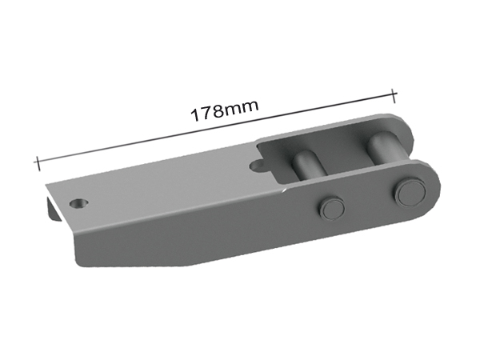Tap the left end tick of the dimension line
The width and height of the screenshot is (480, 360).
[x=37, y=162]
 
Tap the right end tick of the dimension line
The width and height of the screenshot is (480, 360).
[x=394, y=94]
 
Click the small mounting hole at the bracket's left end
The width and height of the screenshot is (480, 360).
[x=78, y=203]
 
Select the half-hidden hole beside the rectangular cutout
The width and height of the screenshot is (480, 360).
[x=258, y=166]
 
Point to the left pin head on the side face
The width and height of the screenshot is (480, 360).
[x=331, y=209]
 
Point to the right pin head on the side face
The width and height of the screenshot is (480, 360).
[x=408, y=192]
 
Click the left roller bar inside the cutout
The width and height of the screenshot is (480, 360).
[x=305, y=162]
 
